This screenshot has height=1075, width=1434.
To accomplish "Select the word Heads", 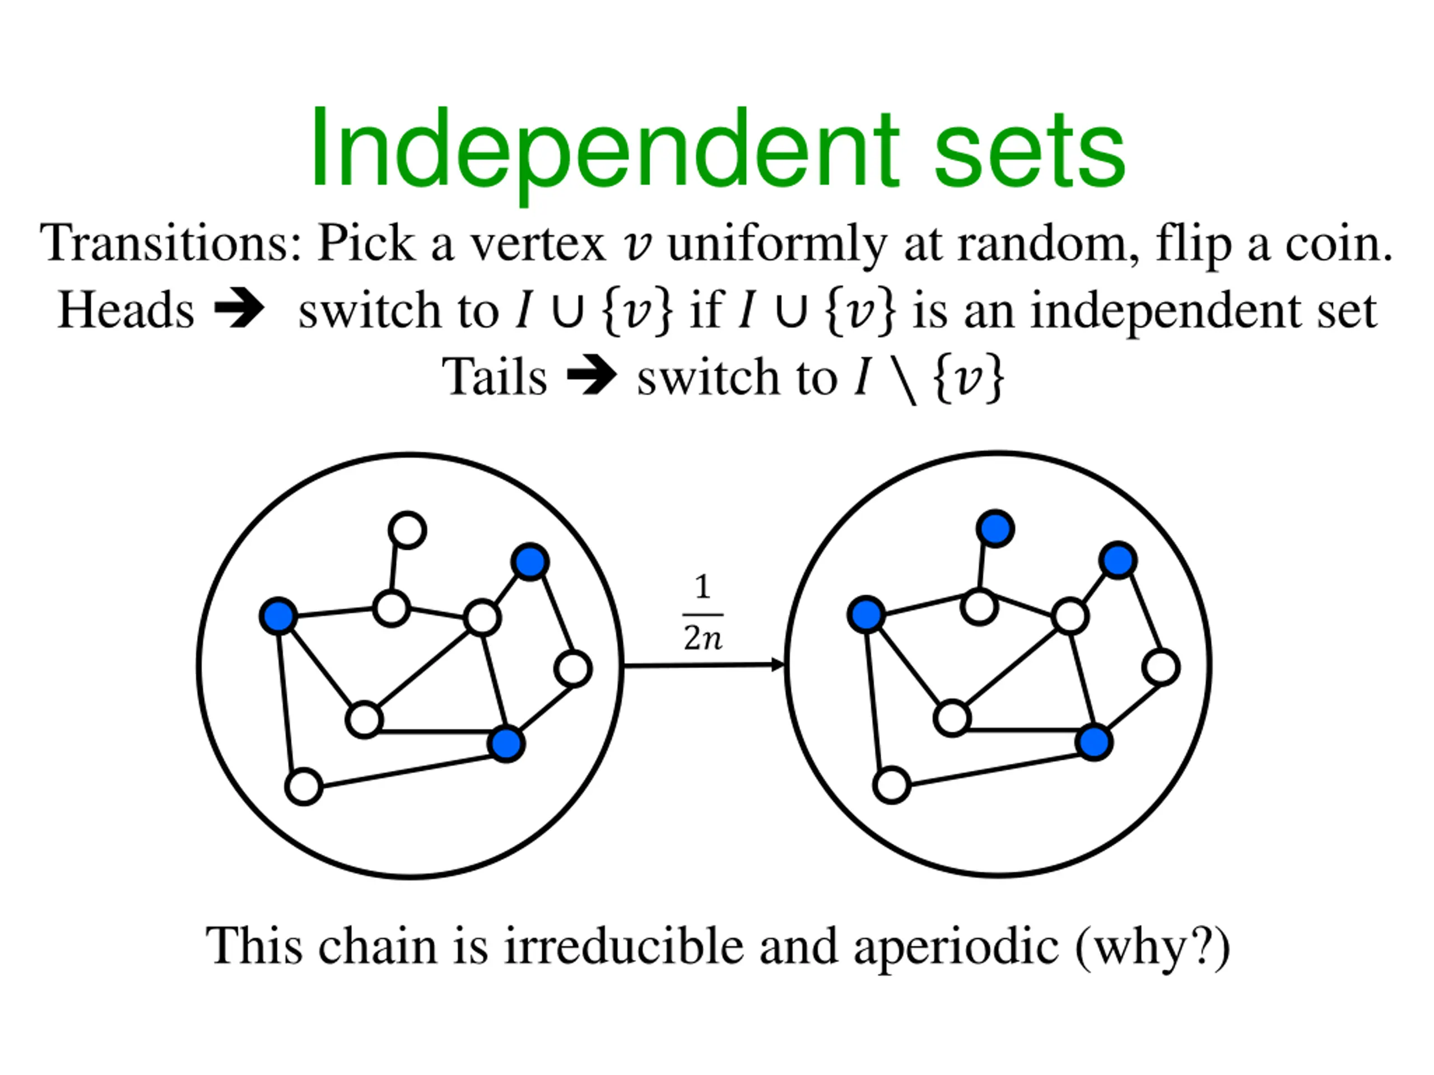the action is pyautogui.click(x=127, y=310).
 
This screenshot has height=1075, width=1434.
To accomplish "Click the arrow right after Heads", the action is pyautogui.click(x=239, y=310).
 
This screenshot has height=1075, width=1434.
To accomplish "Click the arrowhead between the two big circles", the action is pyautogui.click(x=777, y=665).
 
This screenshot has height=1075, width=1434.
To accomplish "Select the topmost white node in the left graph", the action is pyautogui.click(x=407, y=530).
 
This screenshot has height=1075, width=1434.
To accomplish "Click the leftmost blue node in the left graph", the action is pyautogui.click(x=278, y=615).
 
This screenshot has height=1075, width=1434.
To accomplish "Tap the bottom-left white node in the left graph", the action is pyautogui.click(x=304, y=787).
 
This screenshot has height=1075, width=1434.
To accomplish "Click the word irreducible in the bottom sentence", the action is pyautogui.click(x=623, y=946).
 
